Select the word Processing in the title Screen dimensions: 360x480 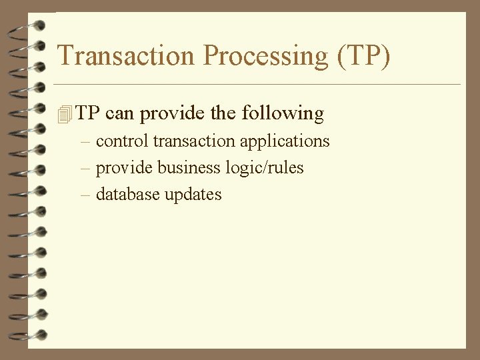pos(266,56)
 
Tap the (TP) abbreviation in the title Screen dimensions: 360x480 pos(363,56)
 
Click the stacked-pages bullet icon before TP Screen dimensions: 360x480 pos(64,115)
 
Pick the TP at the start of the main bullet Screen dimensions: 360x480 pos(87,113)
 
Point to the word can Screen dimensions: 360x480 pos(120,113)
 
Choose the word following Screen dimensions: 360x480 pos(283,113)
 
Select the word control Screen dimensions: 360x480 pos(122,141)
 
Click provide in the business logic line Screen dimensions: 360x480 pos(125,168)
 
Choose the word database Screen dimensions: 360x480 pos(126,195)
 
